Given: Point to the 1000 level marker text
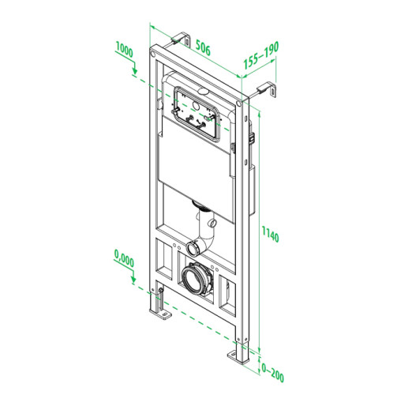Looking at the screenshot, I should point(123,49).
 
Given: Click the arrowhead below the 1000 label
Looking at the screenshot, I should point(135,73).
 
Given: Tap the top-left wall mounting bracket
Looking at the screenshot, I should point(181,39).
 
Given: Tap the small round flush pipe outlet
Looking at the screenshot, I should point(194,247).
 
